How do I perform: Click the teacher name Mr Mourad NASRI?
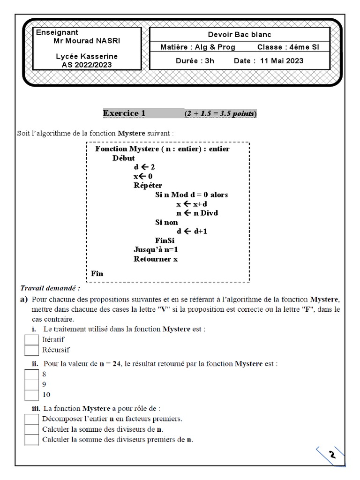click(x=87, y=41)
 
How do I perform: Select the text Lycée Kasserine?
click(x=87, y=56)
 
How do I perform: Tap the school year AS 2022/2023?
click(x=87, y=65)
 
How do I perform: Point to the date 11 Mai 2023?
click(x=281, y=60)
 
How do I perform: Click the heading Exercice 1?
click(x=124, y=113)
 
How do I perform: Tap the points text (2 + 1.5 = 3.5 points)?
click(x=220, y=114)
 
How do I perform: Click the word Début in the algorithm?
click(x=124, y=158)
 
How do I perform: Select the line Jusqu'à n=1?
click(x=156, y=250)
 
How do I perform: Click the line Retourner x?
click(x=156, y=259)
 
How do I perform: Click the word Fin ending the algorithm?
click(x=97, y=274)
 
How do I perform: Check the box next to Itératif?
click(x=31, y=339)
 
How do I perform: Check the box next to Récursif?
click(x=31, y=350)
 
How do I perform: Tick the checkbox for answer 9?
click(x=31, y=384)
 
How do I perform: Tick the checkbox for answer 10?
click(x=31, y=395)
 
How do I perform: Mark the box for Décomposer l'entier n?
click(x=31, y=419)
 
